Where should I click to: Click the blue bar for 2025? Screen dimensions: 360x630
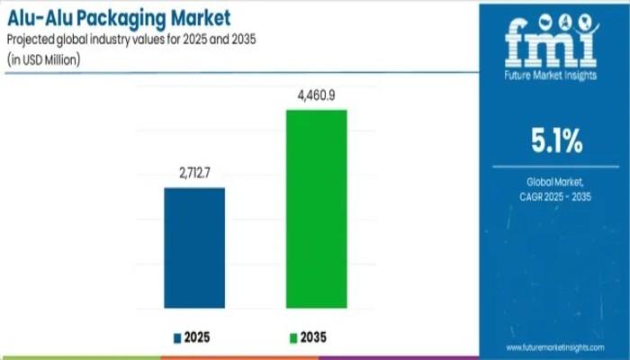click(193, 247)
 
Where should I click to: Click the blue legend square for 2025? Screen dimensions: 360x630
click(177, 338)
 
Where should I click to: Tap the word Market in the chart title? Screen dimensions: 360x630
click(198, 17)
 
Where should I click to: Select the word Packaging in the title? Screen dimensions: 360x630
click(121, 17)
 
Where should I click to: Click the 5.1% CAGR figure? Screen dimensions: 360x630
click(555, 142)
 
